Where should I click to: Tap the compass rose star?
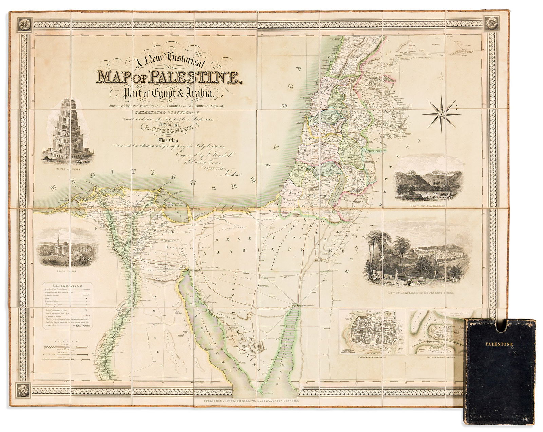[441, 114]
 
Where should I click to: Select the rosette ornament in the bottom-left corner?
[24, 389]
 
